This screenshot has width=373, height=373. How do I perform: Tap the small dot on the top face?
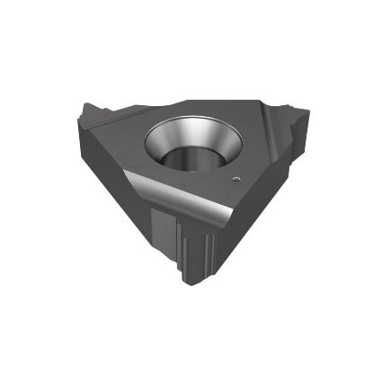click(x=235, y=180)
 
